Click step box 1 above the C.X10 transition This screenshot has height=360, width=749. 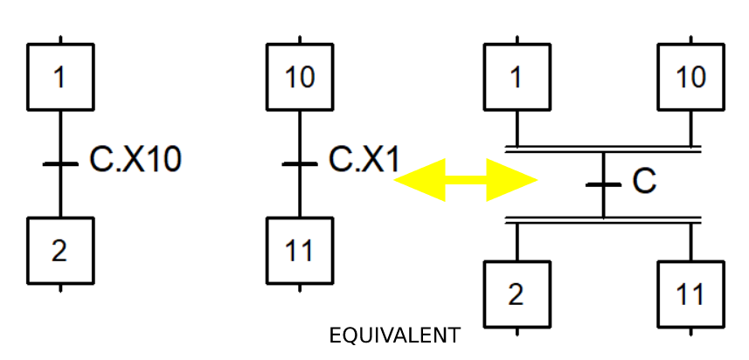coord(59,77)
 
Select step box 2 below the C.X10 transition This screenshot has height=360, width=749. coord(59,250)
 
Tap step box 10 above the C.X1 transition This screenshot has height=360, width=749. coord(300,77)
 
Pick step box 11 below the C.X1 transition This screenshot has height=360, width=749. coord(300,250)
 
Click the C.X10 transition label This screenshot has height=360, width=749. coord(135,161)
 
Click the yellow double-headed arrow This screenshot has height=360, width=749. coord(466,180)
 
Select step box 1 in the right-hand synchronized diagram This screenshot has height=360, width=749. coord(517,77)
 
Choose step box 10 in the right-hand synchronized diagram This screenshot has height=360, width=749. coord(690,77)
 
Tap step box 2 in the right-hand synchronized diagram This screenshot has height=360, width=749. coord(517,294)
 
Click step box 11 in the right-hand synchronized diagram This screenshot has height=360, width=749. coord(690,294)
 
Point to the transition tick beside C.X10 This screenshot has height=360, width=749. coord(59,163)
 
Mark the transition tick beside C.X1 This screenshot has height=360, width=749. coord(300,163)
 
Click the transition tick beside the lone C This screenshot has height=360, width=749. coord(603,183)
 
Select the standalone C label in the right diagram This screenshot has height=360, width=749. coord(643,181)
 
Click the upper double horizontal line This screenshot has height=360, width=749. coord(603,149)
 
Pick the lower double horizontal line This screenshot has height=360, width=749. coord(603,219)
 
